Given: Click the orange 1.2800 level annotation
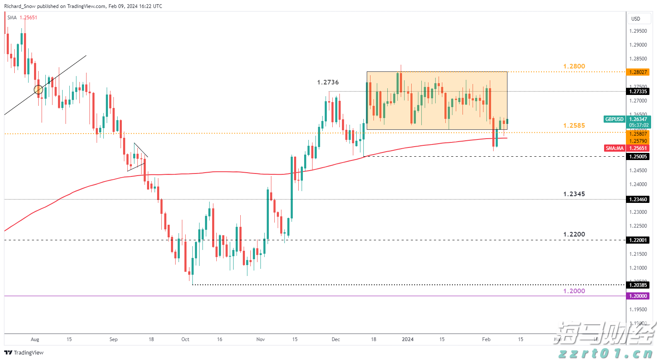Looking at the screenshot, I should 574,66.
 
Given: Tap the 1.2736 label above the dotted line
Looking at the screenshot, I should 328,82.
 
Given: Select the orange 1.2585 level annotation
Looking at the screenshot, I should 574,126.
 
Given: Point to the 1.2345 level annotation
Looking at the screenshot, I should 574,194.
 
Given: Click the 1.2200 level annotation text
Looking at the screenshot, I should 574,234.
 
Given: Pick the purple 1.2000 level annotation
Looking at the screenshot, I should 574,291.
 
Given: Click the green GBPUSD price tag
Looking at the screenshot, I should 614,119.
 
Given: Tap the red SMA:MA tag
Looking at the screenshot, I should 615,148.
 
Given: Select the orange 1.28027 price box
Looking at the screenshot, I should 638,72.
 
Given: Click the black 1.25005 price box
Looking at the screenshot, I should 638,157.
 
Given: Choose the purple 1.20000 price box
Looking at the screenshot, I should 638,296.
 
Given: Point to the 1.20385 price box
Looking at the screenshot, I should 638,285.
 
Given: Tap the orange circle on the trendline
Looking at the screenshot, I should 38,89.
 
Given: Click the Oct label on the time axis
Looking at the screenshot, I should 185,339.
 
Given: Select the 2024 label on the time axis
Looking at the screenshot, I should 407,339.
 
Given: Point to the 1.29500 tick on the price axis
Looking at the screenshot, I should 638,31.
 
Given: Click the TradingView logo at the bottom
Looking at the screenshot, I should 24,353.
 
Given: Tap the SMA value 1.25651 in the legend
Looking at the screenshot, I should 29,18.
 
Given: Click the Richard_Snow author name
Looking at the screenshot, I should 20,6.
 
